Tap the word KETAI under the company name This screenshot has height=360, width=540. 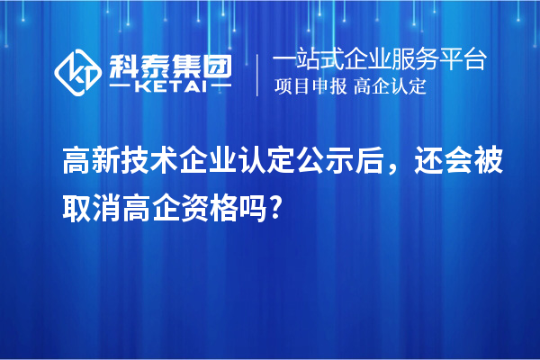171,87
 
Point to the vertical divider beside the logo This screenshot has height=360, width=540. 259,74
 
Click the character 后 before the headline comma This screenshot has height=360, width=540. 397,166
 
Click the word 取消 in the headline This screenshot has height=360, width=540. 90,210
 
